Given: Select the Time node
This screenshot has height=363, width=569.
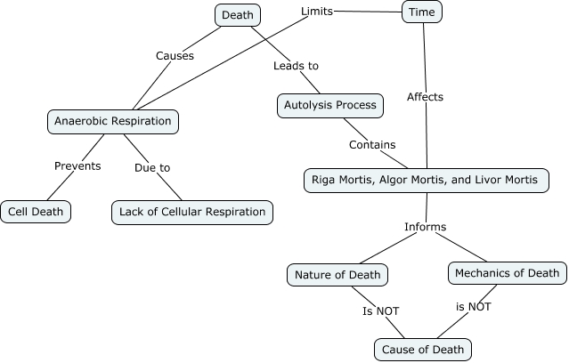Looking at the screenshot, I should (x=422, y=12).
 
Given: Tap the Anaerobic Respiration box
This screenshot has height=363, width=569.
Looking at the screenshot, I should (x=112, y=121).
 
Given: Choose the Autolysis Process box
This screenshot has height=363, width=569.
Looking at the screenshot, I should (x=329, y=105).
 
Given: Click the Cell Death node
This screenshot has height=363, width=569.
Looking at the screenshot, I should (x=36, y=212).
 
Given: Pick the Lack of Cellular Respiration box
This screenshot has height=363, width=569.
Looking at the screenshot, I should (x=191, y=212).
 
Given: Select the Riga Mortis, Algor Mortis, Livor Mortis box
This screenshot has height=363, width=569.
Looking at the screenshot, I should (x=425, y=180).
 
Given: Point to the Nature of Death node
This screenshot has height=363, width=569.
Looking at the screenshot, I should (x=337, y=274).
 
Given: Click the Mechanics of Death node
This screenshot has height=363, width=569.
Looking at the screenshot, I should (x=506, y=272).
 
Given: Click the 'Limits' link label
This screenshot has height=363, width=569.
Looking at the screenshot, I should (x=318, y=12).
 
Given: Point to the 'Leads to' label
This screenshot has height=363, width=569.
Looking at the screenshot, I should (x=296, y=65).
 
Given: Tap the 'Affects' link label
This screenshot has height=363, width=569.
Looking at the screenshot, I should (x=425, y=96).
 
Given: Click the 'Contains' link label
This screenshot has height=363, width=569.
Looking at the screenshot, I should (x=372, y=144).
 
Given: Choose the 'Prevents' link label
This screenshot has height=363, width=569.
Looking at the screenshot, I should (x=77, y=165).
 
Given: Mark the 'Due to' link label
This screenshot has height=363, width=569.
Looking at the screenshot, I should (x=152, y=166).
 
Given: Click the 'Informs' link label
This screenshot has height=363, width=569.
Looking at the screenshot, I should (x=425, y=226).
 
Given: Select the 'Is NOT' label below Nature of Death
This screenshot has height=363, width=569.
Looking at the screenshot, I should (x=380, y=311).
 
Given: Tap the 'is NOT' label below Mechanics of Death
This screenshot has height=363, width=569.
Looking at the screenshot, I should (x=474, y=306).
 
